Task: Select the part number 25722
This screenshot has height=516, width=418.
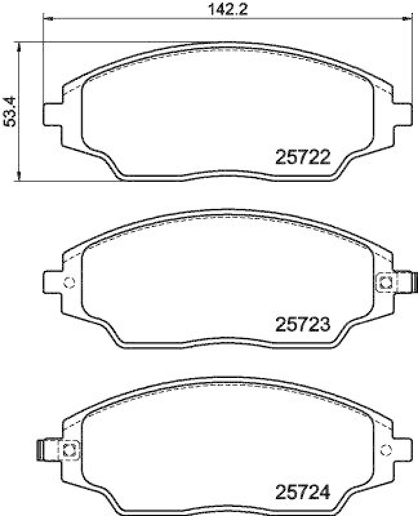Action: pyautogui.click(x=303, y=157)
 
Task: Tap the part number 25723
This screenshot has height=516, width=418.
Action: pyautogui.click(x=303, y=325)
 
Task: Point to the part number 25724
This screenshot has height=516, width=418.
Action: pyautogui.click(x=303, y=494)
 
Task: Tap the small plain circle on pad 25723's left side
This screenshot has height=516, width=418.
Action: pyautogui.click(x=70, y=282)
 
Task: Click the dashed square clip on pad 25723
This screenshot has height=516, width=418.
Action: pyautogui.click(x=386, y=282)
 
